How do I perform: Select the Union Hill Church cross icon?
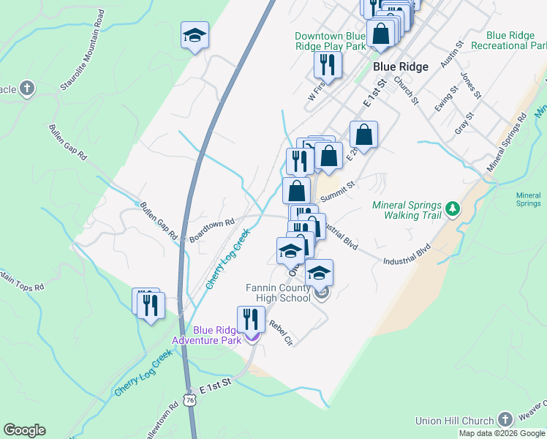click(x=505, y=419)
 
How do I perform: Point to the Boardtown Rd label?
click(x=211, y=230)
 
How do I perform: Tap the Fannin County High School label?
click(x=278, y=293)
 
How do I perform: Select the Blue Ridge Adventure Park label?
click(x=206, y=335)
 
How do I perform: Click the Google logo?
click(x=24, y=430)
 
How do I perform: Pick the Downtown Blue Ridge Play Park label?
click(x=330, y=41)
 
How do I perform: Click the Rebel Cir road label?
click(x=280, y=333)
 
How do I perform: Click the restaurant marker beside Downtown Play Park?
click(x=328, y=65)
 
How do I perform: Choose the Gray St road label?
click(x=464, y=126)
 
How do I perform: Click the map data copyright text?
click(x=502, y=433)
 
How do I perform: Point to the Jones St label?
click(x=470, y=85)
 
